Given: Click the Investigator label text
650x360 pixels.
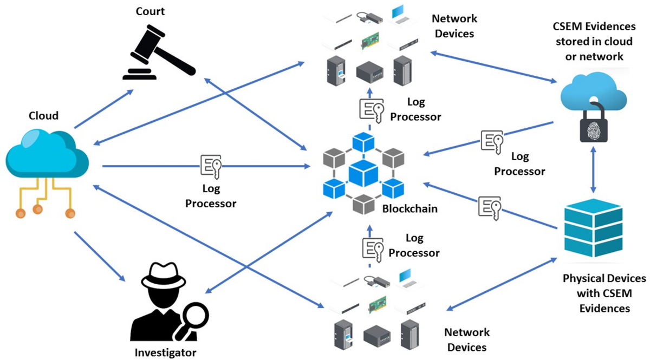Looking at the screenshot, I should (165, 353).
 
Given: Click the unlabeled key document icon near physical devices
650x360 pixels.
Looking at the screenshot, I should (490, 207).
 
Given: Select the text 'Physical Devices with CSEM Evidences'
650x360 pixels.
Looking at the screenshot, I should (604, 293).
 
